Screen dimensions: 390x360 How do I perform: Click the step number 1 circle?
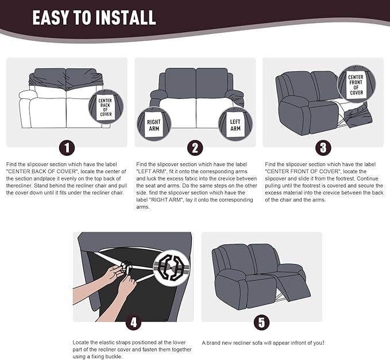[x=67, y=148]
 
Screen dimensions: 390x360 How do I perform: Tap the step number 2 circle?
[x=195, y=148]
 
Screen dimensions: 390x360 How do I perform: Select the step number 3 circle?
[x=323, y=148]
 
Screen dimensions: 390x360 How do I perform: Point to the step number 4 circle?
[x=134, y=323]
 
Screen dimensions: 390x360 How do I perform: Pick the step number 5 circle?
[x=262, y=323]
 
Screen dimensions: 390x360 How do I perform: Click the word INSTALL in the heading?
[x=126, y=18]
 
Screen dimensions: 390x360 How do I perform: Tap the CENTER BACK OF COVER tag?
[x=106, y=108]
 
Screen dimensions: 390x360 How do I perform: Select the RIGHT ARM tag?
[x=154, y=125]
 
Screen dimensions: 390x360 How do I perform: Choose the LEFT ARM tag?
[x=235, y=125]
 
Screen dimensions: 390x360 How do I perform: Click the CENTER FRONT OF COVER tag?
[x=356, y=85]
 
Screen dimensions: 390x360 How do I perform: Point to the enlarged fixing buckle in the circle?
[x=171, y=267]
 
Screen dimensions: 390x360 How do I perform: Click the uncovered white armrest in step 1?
[x=28, y=95]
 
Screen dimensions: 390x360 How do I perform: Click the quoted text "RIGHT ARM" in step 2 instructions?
[x=167, y=200]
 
